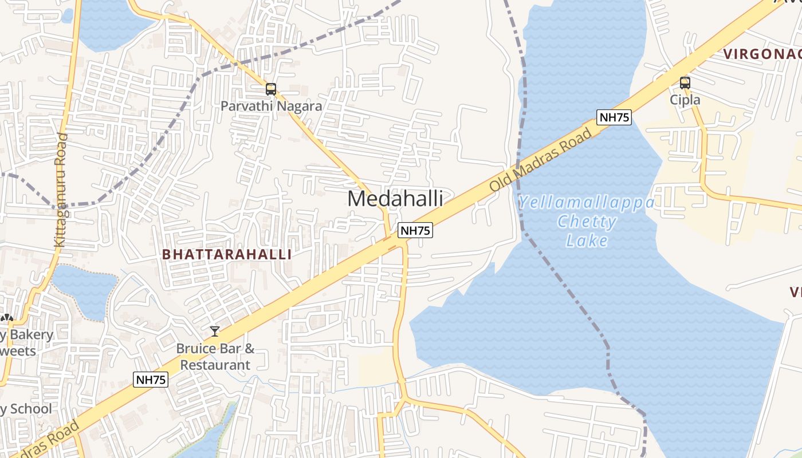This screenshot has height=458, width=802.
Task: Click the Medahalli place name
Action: pyautogui.click(x=395, y=199)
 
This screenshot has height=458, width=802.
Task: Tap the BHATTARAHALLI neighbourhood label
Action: pyautogui.click(x=227, y=255)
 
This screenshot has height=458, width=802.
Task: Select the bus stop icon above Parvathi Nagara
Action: pyautogui.click(x=271, y=89)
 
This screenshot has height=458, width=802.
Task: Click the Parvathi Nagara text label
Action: pyautogui.click(x=272, y=106)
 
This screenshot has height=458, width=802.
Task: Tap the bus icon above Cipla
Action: pyautogui.click(x=685, y=82)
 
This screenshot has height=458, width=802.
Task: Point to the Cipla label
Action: pyautogui.click(x=685, y=100)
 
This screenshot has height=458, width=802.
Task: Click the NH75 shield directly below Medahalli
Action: pyautogui.click(x=415, y=230)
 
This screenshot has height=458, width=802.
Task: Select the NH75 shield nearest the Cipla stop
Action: pyautogui.click(x=614, y=118)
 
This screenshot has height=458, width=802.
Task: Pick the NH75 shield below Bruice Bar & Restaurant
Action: pyautogui.click(x=151, y=380)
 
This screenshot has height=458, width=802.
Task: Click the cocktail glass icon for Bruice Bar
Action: pyautogui.click(x=215, y=331)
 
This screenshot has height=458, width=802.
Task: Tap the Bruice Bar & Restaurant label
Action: pyautogui.click(x=215, y=357)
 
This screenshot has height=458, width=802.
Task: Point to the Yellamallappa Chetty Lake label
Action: pyautogui.click(x=587, y=222)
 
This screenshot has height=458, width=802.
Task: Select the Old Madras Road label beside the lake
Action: pyautogui.click(x=541, y=161)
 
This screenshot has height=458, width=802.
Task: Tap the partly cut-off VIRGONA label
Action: pyautogui.click(x=762, y=54)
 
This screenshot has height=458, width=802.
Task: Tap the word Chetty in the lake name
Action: pyautogui.click(x=587, y=222)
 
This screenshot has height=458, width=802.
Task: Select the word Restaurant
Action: pyautogui.click(x=215, y=365)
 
